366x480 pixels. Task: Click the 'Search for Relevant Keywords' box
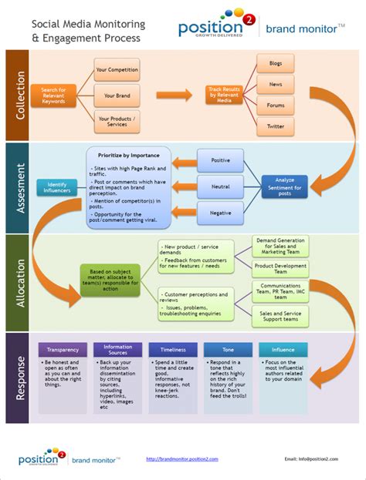[x=53, y=96]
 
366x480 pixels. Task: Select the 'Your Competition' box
[x=117, y=70]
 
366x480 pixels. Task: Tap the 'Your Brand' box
[x=117, y=96]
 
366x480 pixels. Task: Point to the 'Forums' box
[x=276, y=106]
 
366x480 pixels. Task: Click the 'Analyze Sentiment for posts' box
[x=284, y=186]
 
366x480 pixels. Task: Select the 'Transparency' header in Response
[x=63, y=349]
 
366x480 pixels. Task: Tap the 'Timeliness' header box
[x=173, y=349]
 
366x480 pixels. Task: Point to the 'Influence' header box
[x=283, y=349]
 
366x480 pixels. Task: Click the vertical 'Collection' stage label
[x=19, y=95]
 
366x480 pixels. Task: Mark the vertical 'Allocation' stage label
[x=19, y=283]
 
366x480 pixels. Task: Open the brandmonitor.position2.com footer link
[x=182, y=458]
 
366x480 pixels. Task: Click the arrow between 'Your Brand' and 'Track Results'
[x=174, y=96]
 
